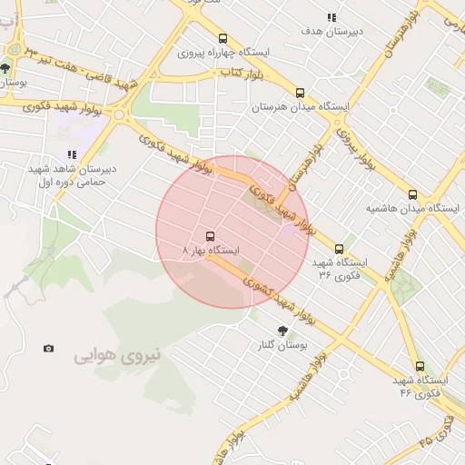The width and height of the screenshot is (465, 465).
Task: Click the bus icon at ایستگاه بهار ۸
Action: pos(211,233)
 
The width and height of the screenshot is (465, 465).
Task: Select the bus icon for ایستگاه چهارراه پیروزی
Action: pos(223,38)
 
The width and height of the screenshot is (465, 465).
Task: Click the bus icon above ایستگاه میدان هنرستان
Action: pos(300,93)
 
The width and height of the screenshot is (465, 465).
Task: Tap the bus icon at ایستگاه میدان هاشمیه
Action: pos(413,194)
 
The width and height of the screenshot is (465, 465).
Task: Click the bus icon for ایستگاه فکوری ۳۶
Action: pos(339,249)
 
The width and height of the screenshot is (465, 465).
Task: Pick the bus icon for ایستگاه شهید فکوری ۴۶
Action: pos(419,367)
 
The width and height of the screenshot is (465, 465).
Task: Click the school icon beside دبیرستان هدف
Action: pos(331,17)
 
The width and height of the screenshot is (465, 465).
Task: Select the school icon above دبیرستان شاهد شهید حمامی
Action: pos(72,154)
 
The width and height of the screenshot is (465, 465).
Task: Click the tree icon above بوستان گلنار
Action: pos(282,331)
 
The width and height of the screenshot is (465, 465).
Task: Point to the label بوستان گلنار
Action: pos(281,346)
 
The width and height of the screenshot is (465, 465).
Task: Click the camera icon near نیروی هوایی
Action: pos(48,349)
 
